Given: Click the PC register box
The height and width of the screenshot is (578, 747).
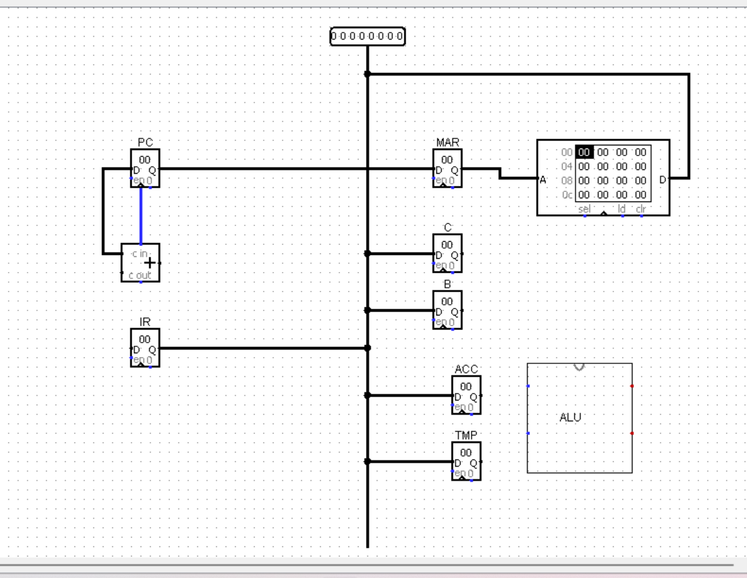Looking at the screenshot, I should tap(145, 169).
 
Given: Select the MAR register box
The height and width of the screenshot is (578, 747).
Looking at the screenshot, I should tap(447, 169).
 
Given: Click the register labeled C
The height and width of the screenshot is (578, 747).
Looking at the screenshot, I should tap(447, 253).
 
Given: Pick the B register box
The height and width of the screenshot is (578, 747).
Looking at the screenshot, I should tap(447, 310).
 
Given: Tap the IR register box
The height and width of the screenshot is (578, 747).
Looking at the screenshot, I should tap(145, 348).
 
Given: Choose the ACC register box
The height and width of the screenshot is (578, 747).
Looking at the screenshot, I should tap(466, 395).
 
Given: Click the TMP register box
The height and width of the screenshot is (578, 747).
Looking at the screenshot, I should tap(466, 461).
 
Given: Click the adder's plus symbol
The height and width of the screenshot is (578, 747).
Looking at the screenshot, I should tap(150, 263).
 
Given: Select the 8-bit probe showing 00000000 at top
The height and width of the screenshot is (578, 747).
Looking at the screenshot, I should tap(367, 37).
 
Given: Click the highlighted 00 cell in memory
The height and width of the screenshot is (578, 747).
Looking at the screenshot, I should tap(584, 152).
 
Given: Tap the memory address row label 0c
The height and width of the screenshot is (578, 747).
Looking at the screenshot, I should tap(566, 195).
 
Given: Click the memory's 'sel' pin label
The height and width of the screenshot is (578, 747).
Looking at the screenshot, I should tap(584, 208).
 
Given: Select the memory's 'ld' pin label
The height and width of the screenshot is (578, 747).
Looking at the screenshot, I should tap(621, 208).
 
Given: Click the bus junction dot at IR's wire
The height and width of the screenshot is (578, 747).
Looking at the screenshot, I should tap(367, 348).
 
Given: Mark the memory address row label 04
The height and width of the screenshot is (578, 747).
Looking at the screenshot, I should tap(566, 166).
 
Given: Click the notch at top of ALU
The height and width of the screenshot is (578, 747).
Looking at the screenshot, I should tap(579, 366).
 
